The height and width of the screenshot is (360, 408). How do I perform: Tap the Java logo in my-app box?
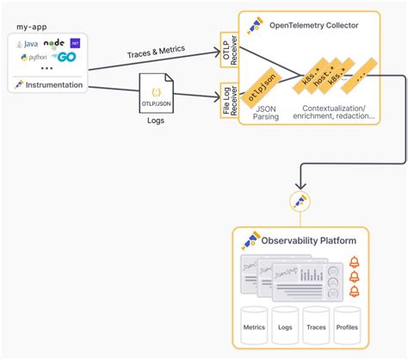pyautogui.click(x=27, y=42)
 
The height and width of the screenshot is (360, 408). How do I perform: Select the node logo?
pyautogui.click(x=53, y=41)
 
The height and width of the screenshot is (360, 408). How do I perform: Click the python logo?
pyautogui.click(x=34, y=57)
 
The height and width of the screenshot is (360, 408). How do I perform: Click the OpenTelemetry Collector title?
pyautogui.click(x=312, y=25)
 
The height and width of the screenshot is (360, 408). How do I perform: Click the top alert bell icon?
pyautogui.click(x=353, y=262)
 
